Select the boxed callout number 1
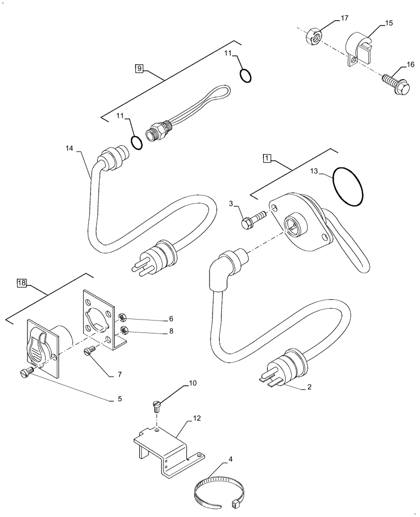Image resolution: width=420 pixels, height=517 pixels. (x=266, y=158)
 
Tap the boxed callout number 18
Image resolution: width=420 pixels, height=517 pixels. (x=21, y=283)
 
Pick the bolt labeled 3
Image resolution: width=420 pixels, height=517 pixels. (x=251, y=220)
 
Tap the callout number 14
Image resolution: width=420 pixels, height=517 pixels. (x=69, y=149)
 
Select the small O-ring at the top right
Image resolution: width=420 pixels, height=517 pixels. (x=246, y=75)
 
